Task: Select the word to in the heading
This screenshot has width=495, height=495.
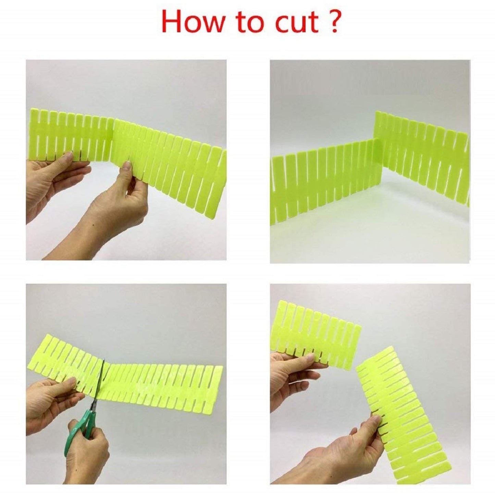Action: click(248, 24)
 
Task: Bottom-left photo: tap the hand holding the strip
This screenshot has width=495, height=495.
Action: click(51, 403)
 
